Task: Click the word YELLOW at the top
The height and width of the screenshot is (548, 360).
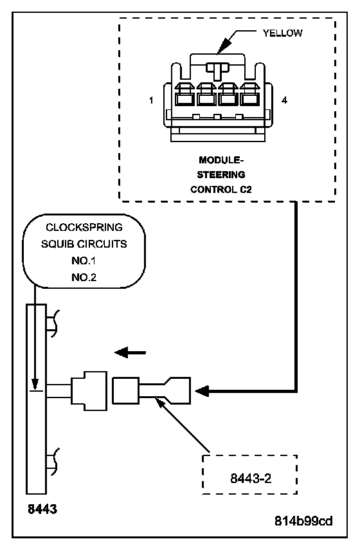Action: click(x=282, y=33)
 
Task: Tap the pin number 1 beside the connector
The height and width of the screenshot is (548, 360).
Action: click(x=151, y=100)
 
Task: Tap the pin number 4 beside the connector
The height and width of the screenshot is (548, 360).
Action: click(x=284, y=100)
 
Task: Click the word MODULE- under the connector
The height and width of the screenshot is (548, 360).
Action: click(x=221, y=160)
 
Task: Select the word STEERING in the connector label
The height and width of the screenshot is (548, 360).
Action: click(x=221, y=174)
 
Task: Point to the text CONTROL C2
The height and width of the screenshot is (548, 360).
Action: click(x=221, y=190)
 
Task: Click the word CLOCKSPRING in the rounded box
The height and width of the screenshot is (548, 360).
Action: click(x=84, y=227)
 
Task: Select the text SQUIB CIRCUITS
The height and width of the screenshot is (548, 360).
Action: click(x=84, y=244)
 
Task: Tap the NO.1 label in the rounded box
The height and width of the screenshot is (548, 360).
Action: click(x=84, y=260)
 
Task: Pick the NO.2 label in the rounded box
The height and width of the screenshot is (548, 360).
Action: click(x=84, y=277)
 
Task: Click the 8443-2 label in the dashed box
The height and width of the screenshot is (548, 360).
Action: click(x=251, y=478)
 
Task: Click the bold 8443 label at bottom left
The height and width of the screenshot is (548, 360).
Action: click(x=42, y=509)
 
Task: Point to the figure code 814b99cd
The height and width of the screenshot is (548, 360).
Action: click(x=303, y=521)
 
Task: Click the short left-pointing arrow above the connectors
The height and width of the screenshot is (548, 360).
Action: click(x=130, y=352)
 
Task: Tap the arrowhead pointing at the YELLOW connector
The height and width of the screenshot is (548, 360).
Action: click(x=225, y=44)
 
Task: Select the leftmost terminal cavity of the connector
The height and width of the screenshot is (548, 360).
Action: click(x=184, y=95)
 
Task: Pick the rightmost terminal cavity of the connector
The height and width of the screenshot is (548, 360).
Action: click(x=249, y=95)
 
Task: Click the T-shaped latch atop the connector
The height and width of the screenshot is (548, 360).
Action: click(x=217, y=70)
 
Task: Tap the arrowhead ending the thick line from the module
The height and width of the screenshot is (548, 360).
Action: click(x=202, y=390)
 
